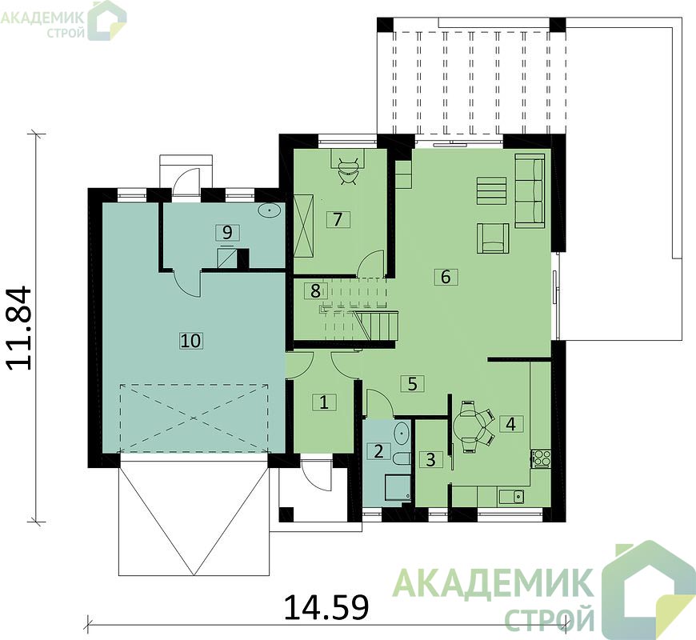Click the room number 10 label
click(191, 341)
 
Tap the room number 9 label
click(227, 232)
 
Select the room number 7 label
click(338, 219)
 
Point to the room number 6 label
click(446, 277)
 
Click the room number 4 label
click(511, 424)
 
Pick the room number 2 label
click(378, 451)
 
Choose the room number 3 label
click(430, 459)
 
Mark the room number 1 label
click(324, 402)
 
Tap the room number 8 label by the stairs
click(315, 291)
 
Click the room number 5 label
click(412, 383)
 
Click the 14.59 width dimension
click(326, 607)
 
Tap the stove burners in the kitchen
click(541, 458)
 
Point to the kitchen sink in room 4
click(511, 496)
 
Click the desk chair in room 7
click(350, 171)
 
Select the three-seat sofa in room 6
click(530, 191)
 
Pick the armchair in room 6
click(493, 238)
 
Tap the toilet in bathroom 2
click(402, 459)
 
